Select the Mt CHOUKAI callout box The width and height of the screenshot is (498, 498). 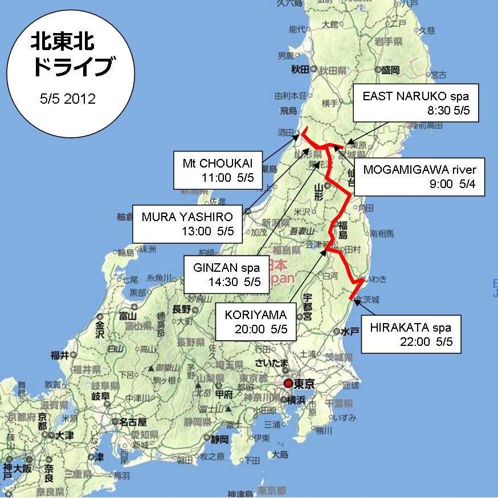214,170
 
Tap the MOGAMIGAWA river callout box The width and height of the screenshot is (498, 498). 419,177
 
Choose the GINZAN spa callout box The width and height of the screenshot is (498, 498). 223,274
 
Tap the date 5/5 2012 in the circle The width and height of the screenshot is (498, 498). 68,98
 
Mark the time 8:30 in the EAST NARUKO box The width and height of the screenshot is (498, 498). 439,109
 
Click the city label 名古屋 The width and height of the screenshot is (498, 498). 133,422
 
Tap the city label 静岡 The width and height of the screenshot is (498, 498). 219,439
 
